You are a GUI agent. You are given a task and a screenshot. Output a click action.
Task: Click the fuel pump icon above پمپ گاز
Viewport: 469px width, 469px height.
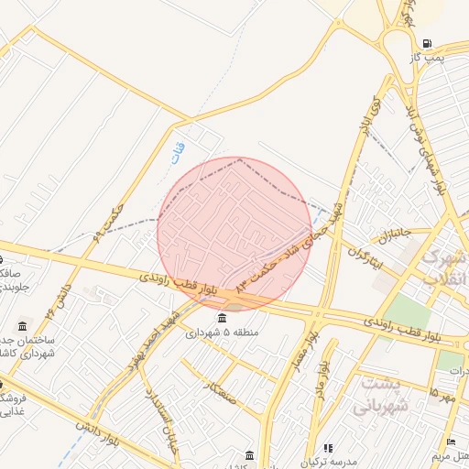point(427,43)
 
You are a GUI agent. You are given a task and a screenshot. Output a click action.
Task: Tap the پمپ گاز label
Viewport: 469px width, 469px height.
point(427,58)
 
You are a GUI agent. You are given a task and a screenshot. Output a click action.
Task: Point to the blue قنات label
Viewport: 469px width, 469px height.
point(179,151)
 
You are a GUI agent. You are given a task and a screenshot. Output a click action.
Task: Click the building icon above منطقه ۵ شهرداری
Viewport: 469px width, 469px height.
point(223,318)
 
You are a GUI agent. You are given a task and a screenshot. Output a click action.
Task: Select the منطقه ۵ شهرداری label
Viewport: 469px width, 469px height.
point(223,333)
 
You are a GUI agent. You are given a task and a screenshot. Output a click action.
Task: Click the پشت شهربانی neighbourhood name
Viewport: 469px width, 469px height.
point(380,395)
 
